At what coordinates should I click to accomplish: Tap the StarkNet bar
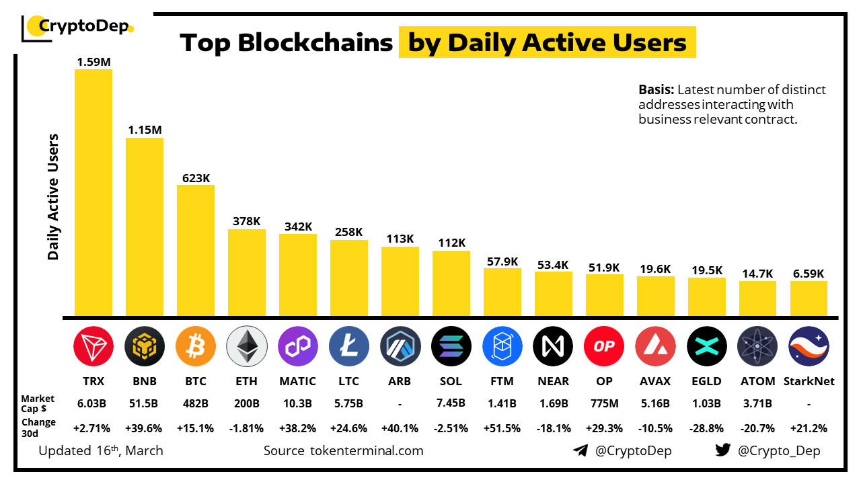click(x=809, y=298)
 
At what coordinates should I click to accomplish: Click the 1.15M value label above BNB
click(x=145, y=130)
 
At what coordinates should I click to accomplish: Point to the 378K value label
click(x=247, y=221)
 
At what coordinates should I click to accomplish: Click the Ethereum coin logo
click(x=246, y=346)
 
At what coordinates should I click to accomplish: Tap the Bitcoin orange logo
click(x=195, y=346)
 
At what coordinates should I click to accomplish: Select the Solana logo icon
click(x=451, y=346)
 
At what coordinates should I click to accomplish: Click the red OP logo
click(x=604, y=346)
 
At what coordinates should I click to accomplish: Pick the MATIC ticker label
click(x=297, y=381)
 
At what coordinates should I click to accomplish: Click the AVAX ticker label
click(x=655, y=381)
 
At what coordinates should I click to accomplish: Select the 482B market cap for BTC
click(x=195, y=403)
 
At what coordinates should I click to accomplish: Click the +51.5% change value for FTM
click(x=502, y=428)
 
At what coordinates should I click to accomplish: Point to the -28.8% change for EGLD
click(x=706, y=428)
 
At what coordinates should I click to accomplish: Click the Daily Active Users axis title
click(x=54, y=196)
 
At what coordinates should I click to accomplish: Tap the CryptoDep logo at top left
click(x=77, y=27)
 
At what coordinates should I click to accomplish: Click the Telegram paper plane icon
click(x=580, y=450)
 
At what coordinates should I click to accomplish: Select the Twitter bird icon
click(x=723, y=450)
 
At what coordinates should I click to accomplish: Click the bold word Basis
click(x=656, y=90)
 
